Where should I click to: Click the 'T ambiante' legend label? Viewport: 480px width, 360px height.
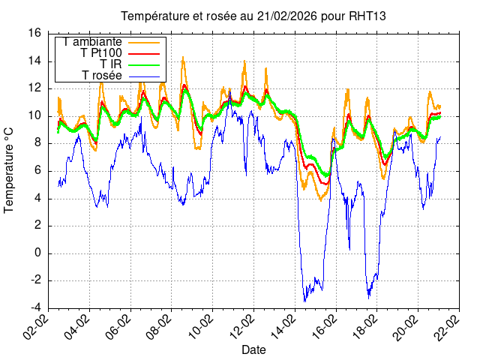point(93,43)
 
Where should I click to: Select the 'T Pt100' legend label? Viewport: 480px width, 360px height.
point(100,54)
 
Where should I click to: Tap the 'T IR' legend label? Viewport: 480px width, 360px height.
point(111,64)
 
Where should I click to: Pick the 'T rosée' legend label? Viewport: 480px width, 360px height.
point(102,76)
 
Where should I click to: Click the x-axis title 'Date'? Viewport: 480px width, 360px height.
point(253,349)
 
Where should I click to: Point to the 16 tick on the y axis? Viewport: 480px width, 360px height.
point(34,33)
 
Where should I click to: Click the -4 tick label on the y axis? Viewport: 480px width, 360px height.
point(34,308)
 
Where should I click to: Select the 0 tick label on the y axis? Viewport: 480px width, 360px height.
point(37,253)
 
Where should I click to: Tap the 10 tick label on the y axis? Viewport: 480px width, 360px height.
point(34,115)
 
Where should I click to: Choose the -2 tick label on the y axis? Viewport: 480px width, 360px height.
point(34,280)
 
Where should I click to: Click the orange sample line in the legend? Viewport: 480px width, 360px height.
point(144,43)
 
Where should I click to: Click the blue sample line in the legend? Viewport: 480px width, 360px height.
point(144,76)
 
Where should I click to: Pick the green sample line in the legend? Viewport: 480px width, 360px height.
point(144,64)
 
